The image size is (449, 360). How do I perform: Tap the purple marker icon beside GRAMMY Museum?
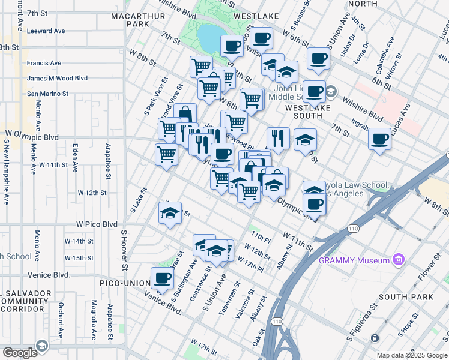click(397, 260)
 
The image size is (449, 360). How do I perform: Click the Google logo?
click(20, 352)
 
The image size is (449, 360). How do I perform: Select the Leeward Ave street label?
click(46, 31)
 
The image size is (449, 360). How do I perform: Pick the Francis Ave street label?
click(44, 62)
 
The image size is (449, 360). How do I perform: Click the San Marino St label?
click(47, 94)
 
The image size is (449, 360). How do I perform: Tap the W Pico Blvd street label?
click(97, 224)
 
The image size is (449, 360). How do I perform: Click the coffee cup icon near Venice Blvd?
click(162, 278)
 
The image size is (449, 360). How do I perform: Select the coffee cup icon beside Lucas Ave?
click(379, 139)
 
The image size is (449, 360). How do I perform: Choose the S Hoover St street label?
click(124, 250)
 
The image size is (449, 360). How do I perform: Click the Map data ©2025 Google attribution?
click(411, 355)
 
